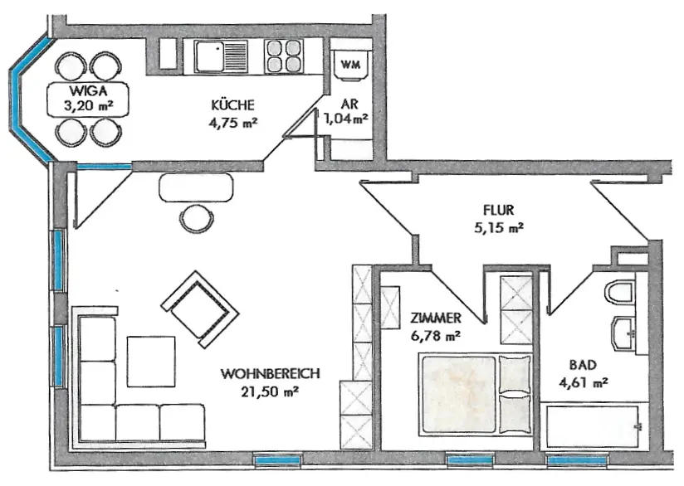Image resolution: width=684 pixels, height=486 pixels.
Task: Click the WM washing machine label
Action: tap(350, 65)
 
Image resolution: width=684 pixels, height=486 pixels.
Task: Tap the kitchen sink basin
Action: tap(209, 56)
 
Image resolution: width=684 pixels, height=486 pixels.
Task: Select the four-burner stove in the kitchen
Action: tap(284, 56)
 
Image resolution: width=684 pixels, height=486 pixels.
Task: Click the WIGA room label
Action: tap(88, 90)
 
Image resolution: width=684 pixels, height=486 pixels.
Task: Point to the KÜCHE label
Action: tap(232, 104)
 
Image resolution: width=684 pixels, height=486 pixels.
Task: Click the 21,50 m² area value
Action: tap(270, 391)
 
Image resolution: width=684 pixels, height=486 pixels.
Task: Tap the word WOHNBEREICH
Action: tap(270, 373)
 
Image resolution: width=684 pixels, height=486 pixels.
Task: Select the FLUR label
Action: tap(498, 210)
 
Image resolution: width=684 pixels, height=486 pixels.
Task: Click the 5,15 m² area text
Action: tap(499, 227)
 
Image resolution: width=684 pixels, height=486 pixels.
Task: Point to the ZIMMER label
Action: tap(435, 318)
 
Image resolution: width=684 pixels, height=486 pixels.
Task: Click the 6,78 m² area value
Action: tap(435, 336)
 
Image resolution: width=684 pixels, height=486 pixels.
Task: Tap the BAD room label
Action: tap(583, 365)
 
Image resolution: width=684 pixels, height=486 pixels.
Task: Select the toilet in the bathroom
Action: tap(619, 293)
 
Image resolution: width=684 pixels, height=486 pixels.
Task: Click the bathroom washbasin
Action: tap(623, 334)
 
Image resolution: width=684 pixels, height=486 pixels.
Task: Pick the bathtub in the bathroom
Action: tap(593, 427)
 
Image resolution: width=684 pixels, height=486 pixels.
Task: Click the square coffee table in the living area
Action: tap(151, 362)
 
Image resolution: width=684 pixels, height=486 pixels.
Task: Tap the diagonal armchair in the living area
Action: tap(200, 309)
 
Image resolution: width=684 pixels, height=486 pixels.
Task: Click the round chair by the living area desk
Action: tap(197, 219)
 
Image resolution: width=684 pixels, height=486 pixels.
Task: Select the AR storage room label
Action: tap(349, 104)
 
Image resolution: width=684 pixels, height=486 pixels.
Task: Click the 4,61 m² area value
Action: tap(584, 382)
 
